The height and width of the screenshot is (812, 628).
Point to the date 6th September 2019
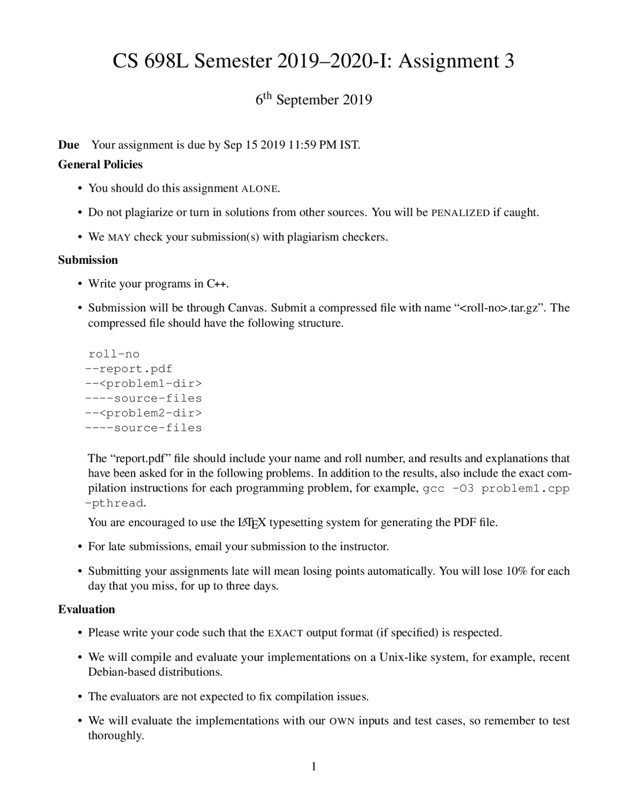tap(314, 100)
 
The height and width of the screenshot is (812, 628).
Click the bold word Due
tap(69, 145)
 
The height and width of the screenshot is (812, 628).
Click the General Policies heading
tap(100, 164)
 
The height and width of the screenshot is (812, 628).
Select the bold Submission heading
tap(88, 260)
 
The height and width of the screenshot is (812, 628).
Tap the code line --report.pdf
tap(129, 369)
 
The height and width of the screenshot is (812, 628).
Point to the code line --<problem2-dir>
tap(143, 413)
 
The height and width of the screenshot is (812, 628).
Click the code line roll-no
tap(114, 354)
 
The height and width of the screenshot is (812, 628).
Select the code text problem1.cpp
tap(525, 488)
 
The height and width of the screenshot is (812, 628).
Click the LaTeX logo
tap(251, 523)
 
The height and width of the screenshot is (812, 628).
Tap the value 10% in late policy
tap(516, 571)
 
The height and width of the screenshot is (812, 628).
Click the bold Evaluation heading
tap(86, 609)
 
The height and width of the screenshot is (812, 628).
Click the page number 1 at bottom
tap(314, 766)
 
